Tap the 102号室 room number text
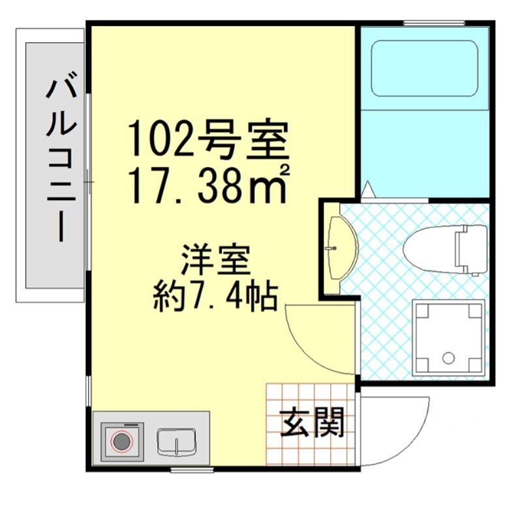point(207,139)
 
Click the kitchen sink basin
point(177,442)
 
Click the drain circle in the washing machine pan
point(448,357)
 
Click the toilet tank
point(472,249)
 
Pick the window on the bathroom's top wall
point(434,24)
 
